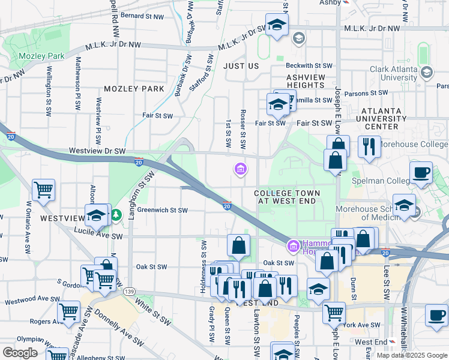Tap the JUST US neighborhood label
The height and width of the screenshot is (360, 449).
tap(241, 65)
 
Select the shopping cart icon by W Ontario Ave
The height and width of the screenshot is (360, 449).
tap(44, 190)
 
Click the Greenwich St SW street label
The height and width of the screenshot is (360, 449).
tap(163, 210)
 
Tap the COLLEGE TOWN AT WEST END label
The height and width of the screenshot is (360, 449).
tap(286, 197)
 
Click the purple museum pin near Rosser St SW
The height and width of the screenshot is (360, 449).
tap(240, 170)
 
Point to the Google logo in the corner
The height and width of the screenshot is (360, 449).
tap(20, 353)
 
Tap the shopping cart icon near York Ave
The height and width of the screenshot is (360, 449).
tap(334, 311)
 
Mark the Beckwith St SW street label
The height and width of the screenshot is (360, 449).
tap(309, 65)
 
